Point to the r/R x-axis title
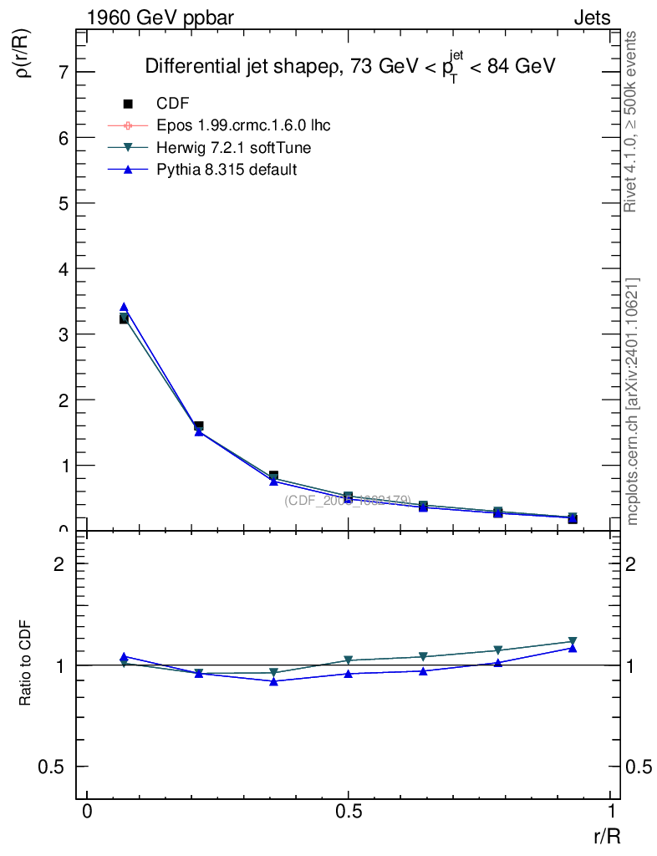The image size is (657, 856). (x=607, y=835)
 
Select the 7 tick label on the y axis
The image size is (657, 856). (x=62, y=72)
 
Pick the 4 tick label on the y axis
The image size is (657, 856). (x=62, y=268)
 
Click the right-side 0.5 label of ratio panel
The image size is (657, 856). (x=639, y=767)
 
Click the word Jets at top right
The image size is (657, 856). (x=591, y=18)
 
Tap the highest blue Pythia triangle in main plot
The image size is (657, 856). (x=124, y=307)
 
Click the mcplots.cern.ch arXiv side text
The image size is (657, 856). (x=633, y=401)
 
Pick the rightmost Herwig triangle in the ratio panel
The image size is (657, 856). (x=573, y=641)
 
